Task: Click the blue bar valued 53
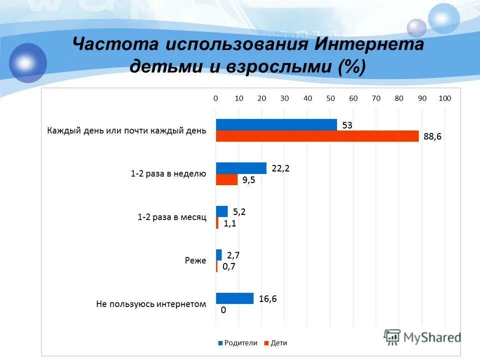pyautogui.click(x=276, y=125)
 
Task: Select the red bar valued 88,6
pyautogui.click(x=317, y=136)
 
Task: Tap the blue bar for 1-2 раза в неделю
pyautogui.click(x=241, y=168)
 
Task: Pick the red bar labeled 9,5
pyautogui.click(x=226, y=180)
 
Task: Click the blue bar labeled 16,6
pyautogui.click(x=234, y=298)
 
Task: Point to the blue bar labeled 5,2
pyautogui.click(x=221, y=211)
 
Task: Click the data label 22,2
pyautogui.click(x=280, y=169)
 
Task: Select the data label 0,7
pyautogui.click(x=228, y=266)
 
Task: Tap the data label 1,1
pyautogui.click(x=229, y=223)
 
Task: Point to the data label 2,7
pyautogui.click(x=233, y=255)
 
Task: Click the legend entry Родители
pyautogui.click(x=237, y=342)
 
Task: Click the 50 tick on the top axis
pyautogui.click(x=330, y=98)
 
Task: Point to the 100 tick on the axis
pyautogui.click(x=445, y=98)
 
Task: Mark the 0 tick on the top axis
pyautogui.click(x=216, y=98)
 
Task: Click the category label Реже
pyautogui.click(x=195, y=260)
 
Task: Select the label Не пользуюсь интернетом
pyautogui.click(x=151, y=304)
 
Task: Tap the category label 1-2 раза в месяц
pyautogui.click(x=172, y=217)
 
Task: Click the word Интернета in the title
pyautogui.click(x=370, y=44)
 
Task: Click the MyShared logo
pyautogui.click(x=422, y=337)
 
